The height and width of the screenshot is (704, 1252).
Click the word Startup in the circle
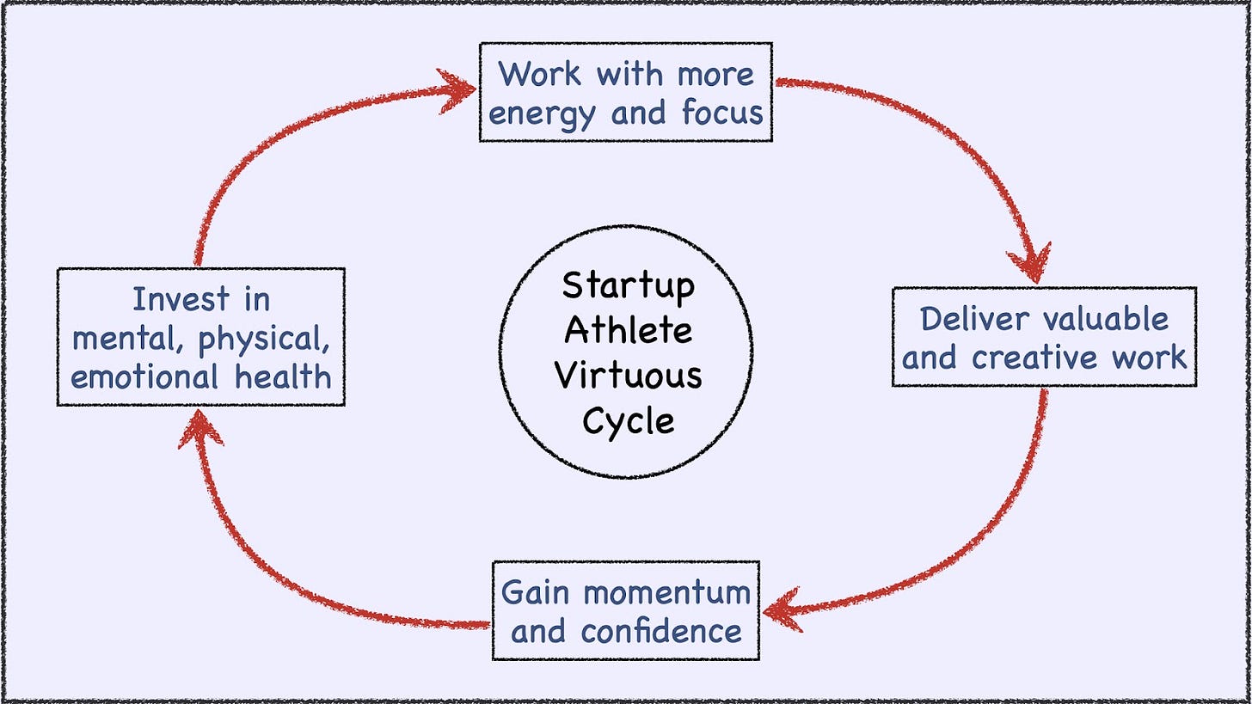[x=629, y=285]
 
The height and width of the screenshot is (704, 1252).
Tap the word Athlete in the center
[x=629, y=329]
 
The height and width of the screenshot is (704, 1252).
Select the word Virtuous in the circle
[x=629, y=376]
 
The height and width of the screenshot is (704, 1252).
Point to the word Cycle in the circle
[x=629, y=421]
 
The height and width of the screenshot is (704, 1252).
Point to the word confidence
[x=660, y=632]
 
